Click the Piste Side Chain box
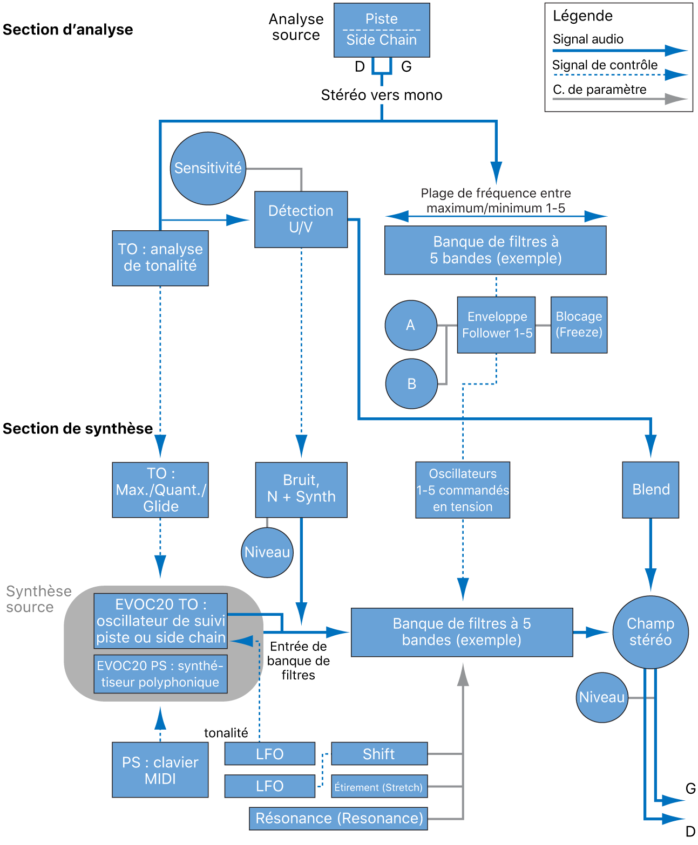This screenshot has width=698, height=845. [382, 30]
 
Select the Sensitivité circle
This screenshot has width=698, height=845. [208, 168]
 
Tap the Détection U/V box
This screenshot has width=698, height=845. [301, 219]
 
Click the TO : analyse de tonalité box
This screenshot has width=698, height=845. [160, 258]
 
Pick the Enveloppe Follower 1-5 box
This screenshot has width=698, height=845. [496, 325]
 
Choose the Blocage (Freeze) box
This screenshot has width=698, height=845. [579, 325]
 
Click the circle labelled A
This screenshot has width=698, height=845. [411, 325]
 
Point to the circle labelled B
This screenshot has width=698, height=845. [411, 384]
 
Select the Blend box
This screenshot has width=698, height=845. [650, 490]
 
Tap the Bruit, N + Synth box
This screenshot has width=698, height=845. [301, 490]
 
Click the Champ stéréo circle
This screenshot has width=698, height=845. [650, 632]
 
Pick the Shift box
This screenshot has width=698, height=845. [379, 754]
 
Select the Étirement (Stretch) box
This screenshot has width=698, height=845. [379, 787]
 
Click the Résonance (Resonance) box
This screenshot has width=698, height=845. [338, 819]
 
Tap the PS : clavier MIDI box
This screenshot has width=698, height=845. [160, 770]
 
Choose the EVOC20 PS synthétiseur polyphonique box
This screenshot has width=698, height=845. [160, 674]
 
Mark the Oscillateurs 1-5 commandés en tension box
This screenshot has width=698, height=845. [463, 490]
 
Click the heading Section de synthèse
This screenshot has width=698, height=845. [78, 429]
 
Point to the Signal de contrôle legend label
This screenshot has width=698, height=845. [605, 65]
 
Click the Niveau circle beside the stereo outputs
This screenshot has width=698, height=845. [602, 698]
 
